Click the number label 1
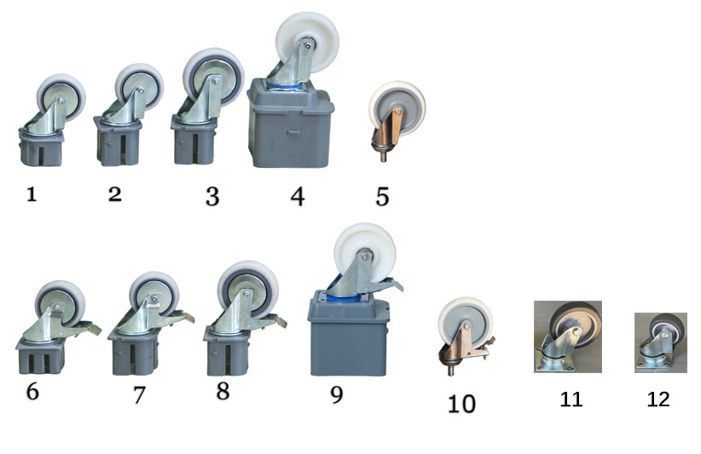click(32, 194)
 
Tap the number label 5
click(383, 197)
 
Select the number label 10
click(461, 404)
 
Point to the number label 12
click(658, 399)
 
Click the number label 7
click(139, 394)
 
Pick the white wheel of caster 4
click(307, 41)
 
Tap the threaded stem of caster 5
click(383, 155)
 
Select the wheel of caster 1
click(61, 96)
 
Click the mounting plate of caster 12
click(652, 363)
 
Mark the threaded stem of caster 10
click(451, 369)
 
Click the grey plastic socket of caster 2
click(118, 141)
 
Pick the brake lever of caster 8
click(275, 320)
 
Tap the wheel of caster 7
click(154, 295)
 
